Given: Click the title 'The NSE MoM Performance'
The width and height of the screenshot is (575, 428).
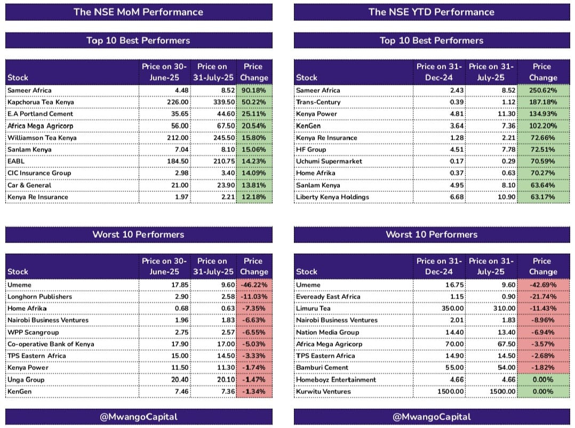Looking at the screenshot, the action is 138,12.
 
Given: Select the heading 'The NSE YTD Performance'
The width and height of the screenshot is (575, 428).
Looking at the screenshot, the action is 431,12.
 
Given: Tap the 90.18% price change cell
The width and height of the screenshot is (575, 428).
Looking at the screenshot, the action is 254,90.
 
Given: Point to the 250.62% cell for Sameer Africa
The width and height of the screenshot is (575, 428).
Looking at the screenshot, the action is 543,90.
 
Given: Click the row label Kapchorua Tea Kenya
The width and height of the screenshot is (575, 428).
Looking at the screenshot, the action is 41,102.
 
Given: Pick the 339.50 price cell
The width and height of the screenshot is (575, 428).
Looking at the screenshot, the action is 224,102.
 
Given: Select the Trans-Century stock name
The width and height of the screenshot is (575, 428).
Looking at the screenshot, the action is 318,102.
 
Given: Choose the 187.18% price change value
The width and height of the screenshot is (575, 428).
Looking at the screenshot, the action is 543,102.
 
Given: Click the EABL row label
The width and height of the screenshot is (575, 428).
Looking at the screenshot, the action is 16,161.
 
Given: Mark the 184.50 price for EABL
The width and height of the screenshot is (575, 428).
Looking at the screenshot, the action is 178,161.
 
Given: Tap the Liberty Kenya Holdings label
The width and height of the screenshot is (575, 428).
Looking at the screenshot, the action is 333,197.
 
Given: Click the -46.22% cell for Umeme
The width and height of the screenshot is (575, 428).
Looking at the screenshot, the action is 254,285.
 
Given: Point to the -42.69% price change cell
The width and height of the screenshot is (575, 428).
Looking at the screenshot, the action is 543,285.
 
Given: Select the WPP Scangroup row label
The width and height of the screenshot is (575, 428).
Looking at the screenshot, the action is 33,333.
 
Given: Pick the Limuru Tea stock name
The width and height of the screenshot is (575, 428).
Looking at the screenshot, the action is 313,308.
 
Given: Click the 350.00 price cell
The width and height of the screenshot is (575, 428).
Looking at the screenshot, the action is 452,308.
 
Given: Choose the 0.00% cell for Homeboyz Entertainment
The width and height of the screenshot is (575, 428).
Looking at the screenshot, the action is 543,379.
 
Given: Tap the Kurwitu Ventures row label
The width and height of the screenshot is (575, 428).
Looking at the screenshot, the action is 323,391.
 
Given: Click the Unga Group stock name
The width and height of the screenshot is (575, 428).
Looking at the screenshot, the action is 26,379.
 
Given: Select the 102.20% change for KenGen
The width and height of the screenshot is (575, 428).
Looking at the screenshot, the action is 543,126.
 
